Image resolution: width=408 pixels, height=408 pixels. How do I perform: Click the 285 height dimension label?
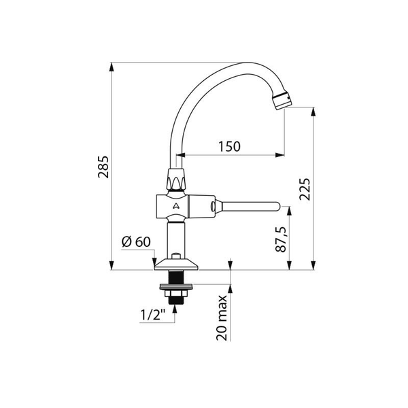103,167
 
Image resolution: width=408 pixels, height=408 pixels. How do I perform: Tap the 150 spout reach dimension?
229,146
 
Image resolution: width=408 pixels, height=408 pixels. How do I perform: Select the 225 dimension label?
305,189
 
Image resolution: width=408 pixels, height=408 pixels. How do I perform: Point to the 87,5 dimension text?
281,239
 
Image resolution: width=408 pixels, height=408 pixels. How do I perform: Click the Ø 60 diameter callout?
136,241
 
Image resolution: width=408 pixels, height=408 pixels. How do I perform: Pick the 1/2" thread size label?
153,315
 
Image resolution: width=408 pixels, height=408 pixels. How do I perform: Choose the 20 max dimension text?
222,318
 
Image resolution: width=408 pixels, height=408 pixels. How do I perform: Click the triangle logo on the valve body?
176,206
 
